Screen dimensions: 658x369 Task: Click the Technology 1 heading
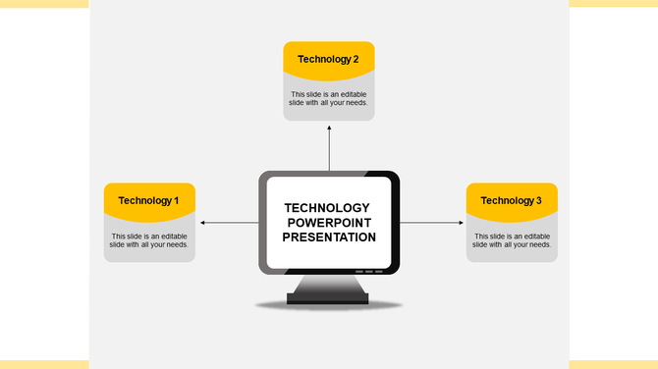pos(148,201)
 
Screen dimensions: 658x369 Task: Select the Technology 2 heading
pos(328,59)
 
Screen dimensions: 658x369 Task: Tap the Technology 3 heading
pos(511,201)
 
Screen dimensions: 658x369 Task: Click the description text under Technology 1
pos(149,240)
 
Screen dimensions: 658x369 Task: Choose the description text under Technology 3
pos(512,240)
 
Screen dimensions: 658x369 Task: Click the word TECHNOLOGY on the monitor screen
pos(327,208)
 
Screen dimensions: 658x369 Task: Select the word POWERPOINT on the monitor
pos(327,223)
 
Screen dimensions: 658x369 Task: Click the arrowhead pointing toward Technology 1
pos(202,223)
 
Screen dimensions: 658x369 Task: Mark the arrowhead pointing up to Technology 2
pos(329,128)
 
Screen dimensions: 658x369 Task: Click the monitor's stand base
pos(328,296)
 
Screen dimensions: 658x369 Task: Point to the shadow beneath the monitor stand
pos(328,306)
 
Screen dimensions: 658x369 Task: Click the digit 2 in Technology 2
pos(356,59)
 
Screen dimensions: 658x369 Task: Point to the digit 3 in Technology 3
pos(538,201)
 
